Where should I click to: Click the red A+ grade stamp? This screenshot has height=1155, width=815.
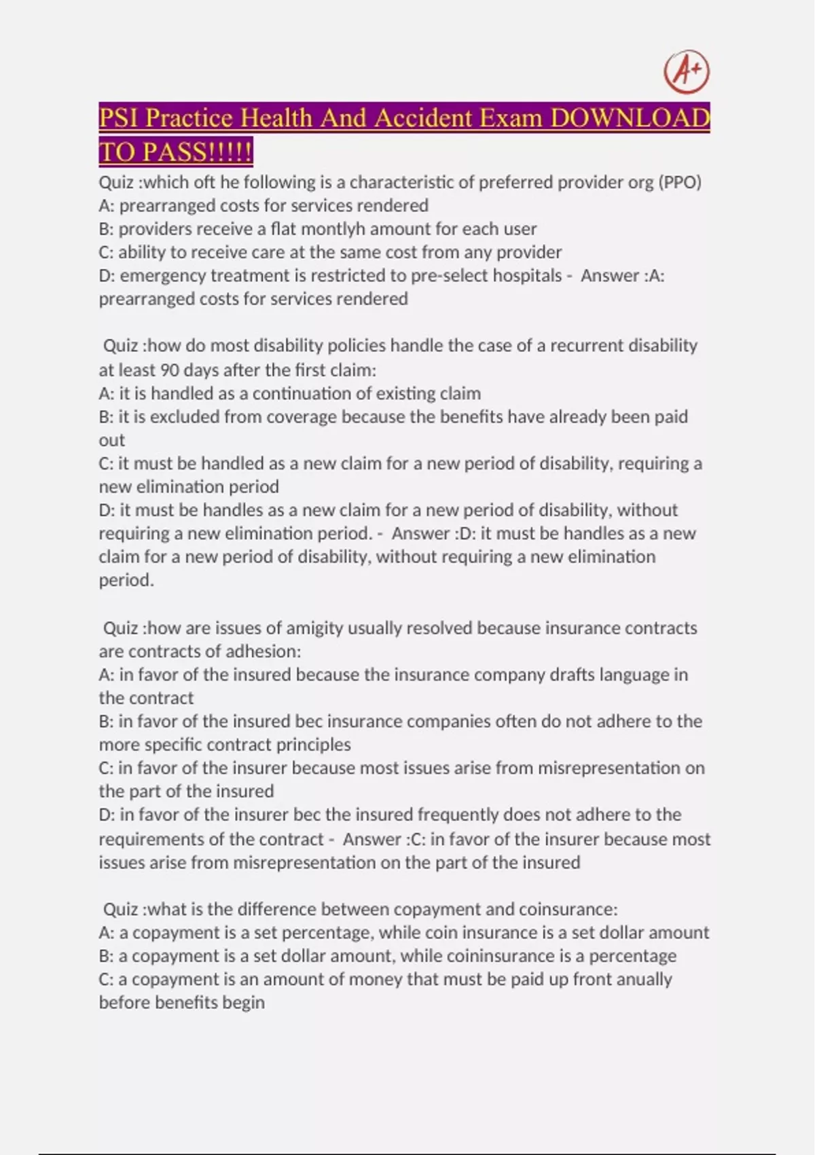687,71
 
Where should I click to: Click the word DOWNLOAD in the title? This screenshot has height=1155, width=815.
630,118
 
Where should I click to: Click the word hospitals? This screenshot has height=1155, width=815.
527,275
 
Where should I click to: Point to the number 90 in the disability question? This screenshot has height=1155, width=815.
169,370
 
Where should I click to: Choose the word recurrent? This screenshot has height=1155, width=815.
586,345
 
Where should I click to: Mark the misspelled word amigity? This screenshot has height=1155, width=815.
314,628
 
